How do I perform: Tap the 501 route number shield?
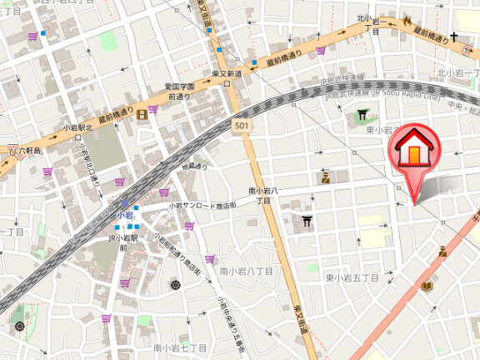241,126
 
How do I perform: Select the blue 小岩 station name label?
124,215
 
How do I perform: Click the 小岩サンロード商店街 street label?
202,205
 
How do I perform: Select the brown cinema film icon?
142,113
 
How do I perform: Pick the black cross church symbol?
454,37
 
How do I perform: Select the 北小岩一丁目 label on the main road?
370,23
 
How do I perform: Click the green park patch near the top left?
109,41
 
